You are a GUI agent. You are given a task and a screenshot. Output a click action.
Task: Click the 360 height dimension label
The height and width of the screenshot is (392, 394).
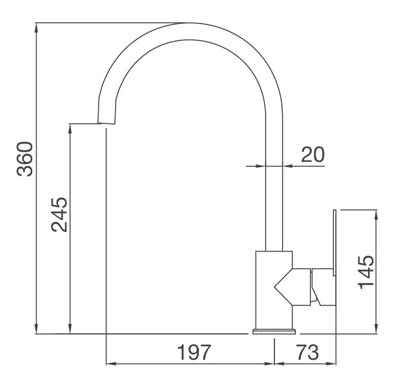point(24,159)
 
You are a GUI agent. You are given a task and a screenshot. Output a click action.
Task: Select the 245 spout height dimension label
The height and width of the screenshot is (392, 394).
point(58,215)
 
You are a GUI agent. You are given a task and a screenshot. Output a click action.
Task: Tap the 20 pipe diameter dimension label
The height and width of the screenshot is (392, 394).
point(312,155)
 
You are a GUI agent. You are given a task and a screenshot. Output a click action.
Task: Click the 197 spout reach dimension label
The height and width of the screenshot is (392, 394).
point(192,352)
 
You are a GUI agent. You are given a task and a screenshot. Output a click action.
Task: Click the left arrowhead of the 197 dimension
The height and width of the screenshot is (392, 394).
point(109,364)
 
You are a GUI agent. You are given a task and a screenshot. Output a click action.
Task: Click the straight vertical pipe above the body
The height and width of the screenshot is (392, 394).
point(274,190)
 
